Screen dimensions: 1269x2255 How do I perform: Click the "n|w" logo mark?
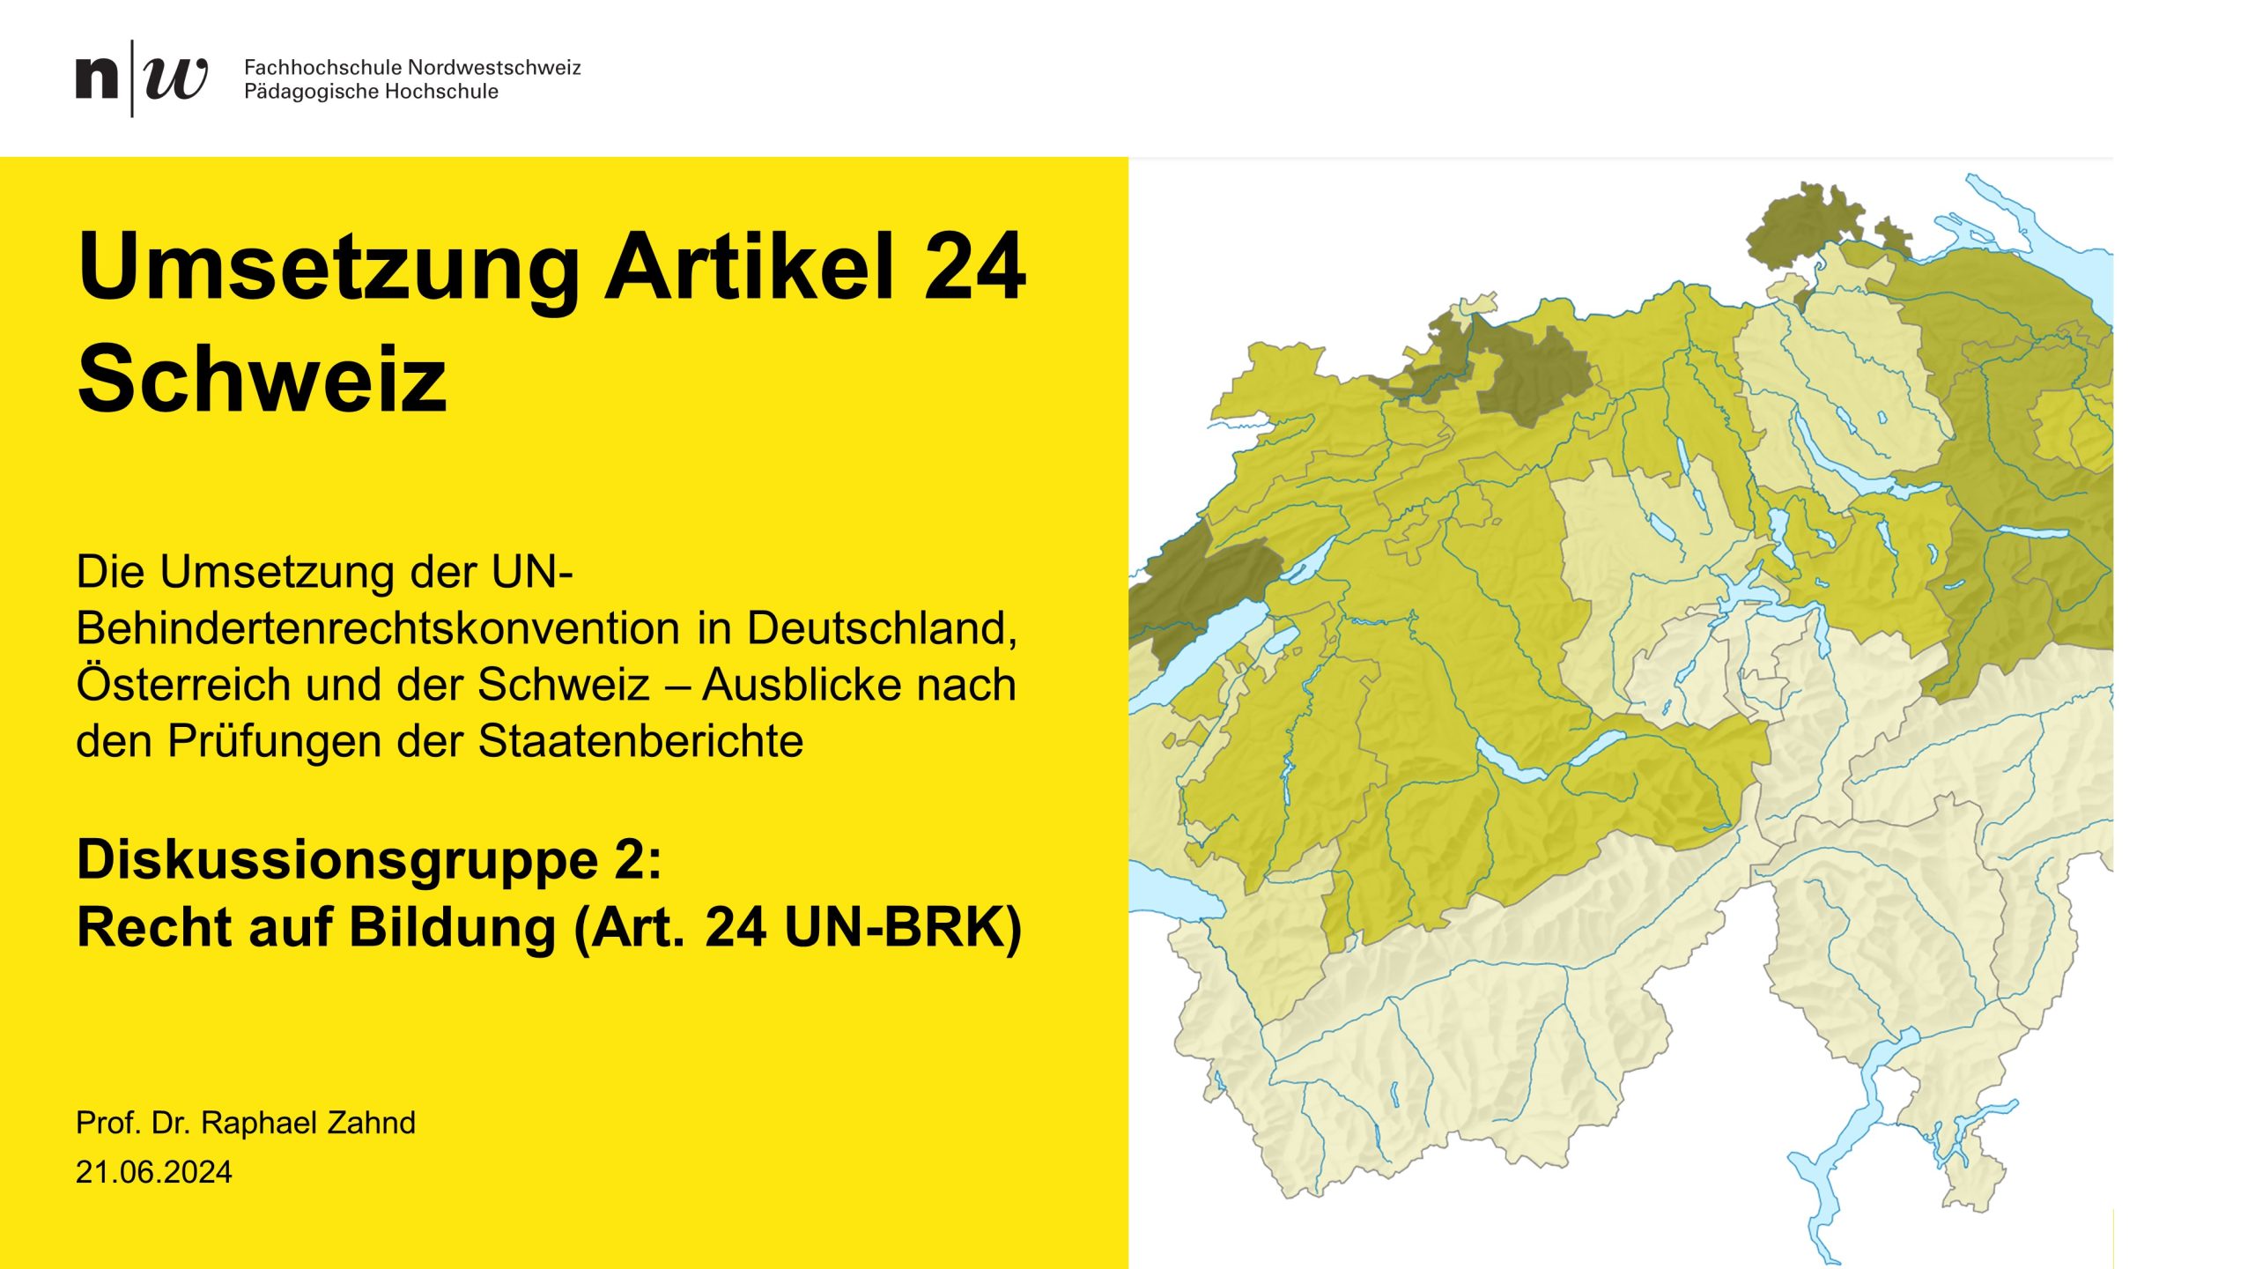click(141, 78)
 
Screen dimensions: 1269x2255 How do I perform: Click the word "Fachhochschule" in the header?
click(322, 67)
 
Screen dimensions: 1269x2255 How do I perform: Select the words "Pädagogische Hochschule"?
click(371, 92)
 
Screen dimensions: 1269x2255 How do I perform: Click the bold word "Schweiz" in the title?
click(262, 379)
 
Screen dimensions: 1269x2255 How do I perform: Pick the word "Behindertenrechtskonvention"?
click(378, 628)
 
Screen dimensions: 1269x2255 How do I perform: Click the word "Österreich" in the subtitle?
click(183, 685)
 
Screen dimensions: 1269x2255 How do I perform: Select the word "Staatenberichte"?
click(640, 741)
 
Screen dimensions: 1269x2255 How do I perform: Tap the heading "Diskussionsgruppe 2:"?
click(369, 859)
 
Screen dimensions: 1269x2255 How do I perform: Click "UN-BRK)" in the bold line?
click(902, 927)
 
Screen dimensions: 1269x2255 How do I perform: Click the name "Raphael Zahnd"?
click(308, 1123)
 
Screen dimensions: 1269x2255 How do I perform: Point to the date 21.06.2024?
click(154, 1172)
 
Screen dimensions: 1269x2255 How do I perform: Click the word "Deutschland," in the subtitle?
click(882, 628)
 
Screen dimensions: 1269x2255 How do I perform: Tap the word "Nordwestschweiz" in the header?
click(494, 67)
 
